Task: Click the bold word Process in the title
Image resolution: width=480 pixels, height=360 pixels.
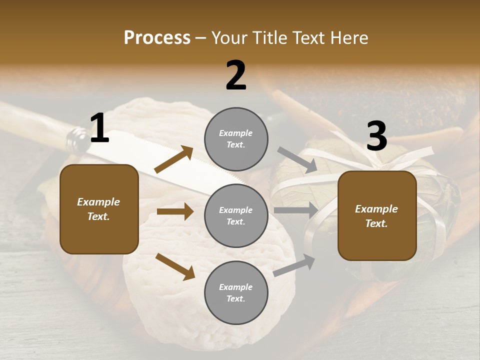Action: click(157, 38)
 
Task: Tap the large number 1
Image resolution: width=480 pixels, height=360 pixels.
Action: click(99, 129)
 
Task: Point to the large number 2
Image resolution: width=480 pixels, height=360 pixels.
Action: click(236, 75)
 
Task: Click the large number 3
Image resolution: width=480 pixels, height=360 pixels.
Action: click(376, 136)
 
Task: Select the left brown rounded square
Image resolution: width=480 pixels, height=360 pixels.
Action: click(99, 209)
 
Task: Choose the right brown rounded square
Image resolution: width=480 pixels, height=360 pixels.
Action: click(377, 216)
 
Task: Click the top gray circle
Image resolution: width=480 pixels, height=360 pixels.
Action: click(236, 139)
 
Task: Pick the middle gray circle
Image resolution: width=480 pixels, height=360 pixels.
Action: click(236, 216)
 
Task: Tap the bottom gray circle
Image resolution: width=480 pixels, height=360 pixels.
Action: click(236, 293)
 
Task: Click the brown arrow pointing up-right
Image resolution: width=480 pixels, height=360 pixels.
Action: click(174, 159)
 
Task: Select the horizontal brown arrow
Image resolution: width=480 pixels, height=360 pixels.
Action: click(175, 212)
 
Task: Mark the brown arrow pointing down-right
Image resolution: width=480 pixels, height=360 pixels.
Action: click(175, 266)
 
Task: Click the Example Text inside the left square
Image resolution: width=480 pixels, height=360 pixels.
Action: click(98, 209)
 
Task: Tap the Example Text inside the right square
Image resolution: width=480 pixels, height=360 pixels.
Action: click(376, 216)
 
